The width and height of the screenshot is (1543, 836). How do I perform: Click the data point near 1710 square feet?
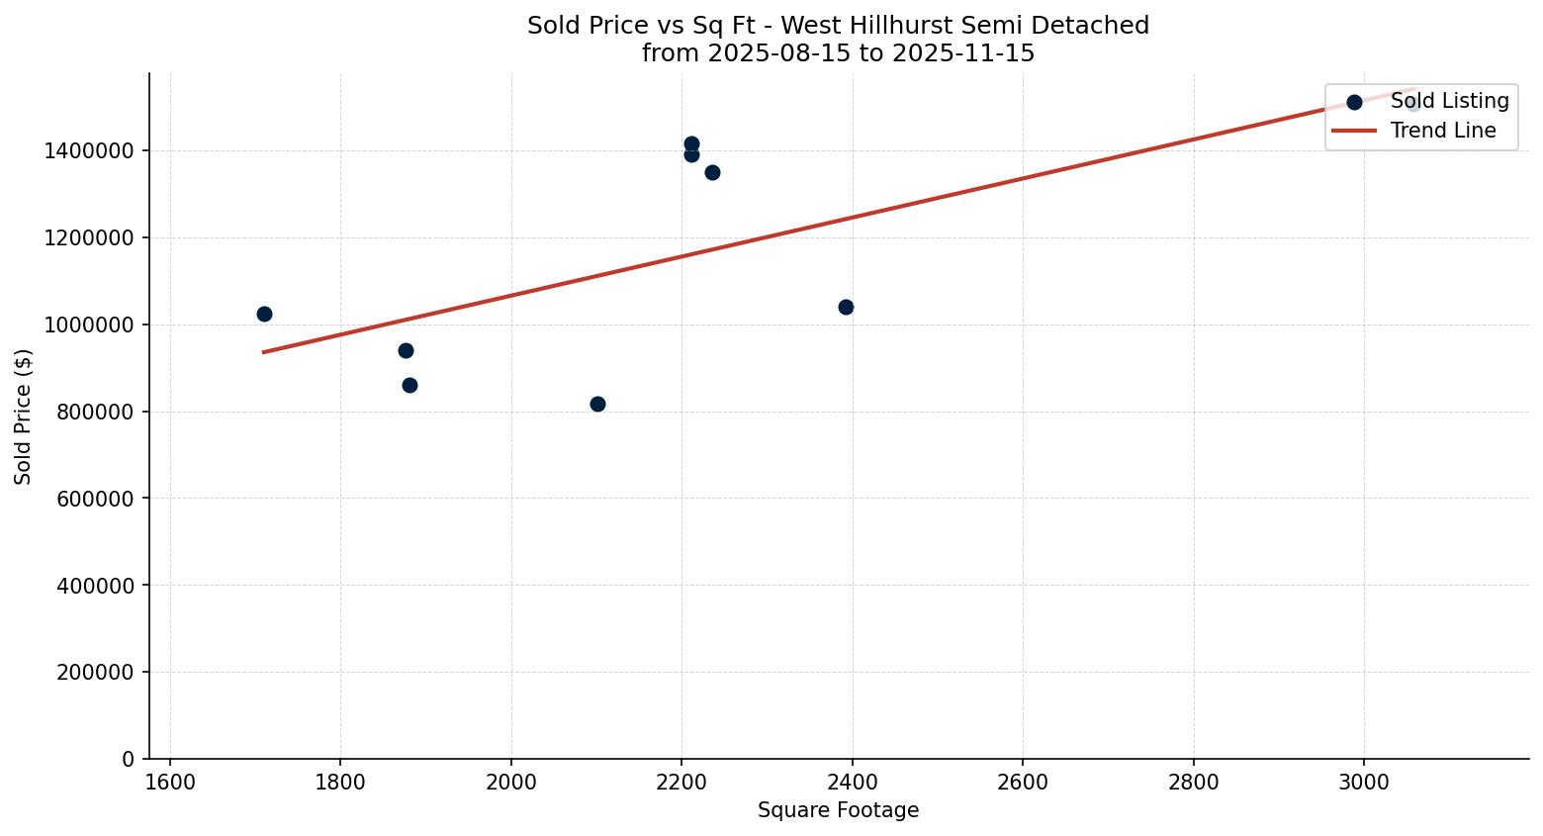click(x=264, y=314)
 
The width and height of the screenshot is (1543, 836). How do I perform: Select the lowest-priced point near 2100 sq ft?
click(x=597, y=404)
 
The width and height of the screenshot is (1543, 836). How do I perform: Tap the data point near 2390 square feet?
click(x=846, y=307)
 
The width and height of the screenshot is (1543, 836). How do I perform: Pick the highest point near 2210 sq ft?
click(x=691, y=143)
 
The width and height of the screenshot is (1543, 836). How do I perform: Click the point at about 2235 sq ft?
click(x=712, y=172)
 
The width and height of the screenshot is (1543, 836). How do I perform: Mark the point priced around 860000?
click(x=409, y=385)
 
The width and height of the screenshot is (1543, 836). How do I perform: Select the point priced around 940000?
click(x=406, y=350)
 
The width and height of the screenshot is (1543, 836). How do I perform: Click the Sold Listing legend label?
click(x=1449, y=101)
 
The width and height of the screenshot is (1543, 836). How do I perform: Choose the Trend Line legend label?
click(x=1442, y=131)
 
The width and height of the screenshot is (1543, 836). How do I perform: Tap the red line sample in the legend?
click(x=1354, y=131)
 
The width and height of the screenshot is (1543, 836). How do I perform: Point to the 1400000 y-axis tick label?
click(x=89, y=150)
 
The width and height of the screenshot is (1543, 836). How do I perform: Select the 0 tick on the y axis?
click(x=128, y=759)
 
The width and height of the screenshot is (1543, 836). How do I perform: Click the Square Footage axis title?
click(x=838, y=810)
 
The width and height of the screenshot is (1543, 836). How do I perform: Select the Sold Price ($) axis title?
click(x=23, y=417)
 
